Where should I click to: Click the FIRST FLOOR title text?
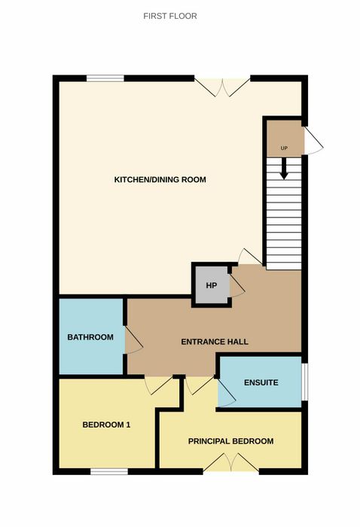(170, 16)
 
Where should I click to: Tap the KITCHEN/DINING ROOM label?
(160, 179)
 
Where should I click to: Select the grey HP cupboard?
(212, 285)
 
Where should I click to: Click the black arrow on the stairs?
(284, 169)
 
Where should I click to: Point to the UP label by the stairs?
(284, 148)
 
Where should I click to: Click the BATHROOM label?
(90, 337)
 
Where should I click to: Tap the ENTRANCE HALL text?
(215, 342)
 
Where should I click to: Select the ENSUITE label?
(261, 382)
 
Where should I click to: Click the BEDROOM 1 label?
(106, 425)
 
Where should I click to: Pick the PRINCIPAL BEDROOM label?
(230, 441)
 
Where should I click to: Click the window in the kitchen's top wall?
(105, 78)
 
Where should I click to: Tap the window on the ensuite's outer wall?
(304, 382)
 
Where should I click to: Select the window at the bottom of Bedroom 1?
(109, 471)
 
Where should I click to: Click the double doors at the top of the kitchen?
(222, 87)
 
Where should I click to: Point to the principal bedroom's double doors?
(231, 462)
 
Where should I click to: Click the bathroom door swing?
(134, 340)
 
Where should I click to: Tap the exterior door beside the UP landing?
(313, 141)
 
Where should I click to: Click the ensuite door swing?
(227, 392)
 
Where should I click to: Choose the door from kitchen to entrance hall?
(250, 257)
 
